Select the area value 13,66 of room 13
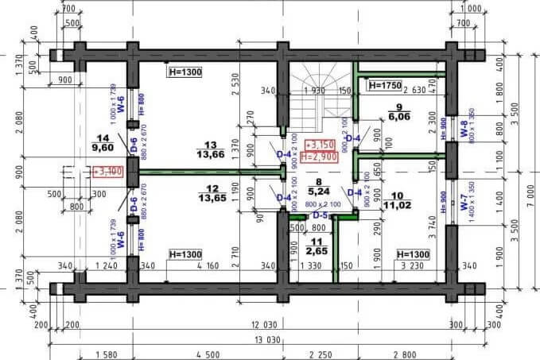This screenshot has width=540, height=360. pos(210,153)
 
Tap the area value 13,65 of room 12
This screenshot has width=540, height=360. pos(210,197)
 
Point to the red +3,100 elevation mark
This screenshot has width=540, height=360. pos(107,170)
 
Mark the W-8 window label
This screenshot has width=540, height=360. pos(464,129)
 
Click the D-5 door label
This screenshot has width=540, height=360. pos(320,215)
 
